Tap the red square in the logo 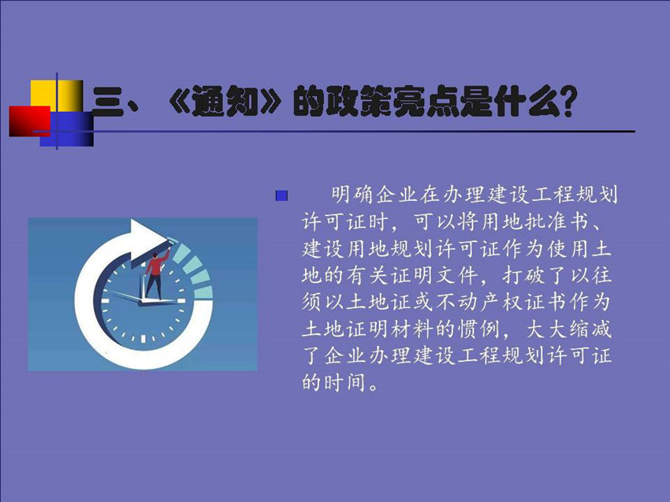[x=30, y=121]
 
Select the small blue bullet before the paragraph [x=281, y=196]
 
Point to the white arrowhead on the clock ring [x=147, y=240]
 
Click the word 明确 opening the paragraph [x=352, y=195]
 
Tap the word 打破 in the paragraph [x=523, y=275]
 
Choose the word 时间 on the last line [x=345, y=382]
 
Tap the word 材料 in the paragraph [x=412, y=329]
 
